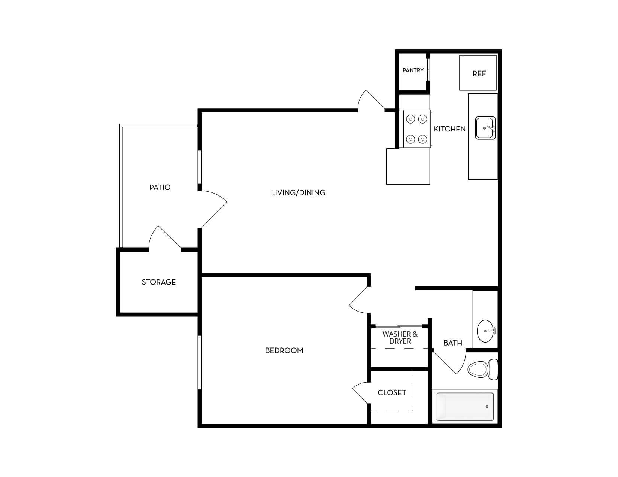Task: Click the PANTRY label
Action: [413, 70]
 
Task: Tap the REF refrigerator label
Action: [479, 74]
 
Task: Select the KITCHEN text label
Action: [449, 129]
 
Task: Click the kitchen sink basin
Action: [485, 128]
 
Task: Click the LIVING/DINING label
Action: [298, 193]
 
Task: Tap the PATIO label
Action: [160, 187]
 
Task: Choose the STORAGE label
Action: [159, 282]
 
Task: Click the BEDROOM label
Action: [284, 350]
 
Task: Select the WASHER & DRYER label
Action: [400, 338]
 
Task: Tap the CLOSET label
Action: [392, 393]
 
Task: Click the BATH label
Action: [453, 343]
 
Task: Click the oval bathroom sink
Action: [486, 331]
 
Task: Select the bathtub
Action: [465, 407]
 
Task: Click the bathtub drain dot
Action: [487, 407]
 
